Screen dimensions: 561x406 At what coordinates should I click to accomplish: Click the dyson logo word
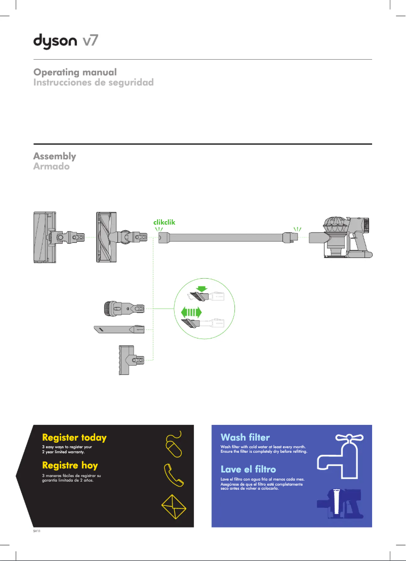tap(56, 41)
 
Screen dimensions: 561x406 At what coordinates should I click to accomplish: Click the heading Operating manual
tap(75, 72)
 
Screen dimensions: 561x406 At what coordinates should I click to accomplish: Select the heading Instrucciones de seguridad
tap(93, 82)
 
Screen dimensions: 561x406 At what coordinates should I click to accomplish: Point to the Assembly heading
tap(55, 156)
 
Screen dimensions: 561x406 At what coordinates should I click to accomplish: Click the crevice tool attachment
tap(119, 329)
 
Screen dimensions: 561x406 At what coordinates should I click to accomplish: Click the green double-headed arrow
tap(191, 312)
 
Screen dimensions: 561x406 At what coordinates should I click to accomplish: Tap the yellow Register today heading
tap(74, 437)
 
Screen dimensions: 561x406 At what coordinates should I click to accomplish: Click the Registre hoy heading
tap(70, 465)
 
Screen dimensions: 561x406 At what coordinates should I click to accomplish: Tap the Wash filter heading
tap(245, 437)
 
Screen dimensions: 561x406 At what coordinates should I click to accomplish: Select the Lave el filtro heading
tap(248, 469)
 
